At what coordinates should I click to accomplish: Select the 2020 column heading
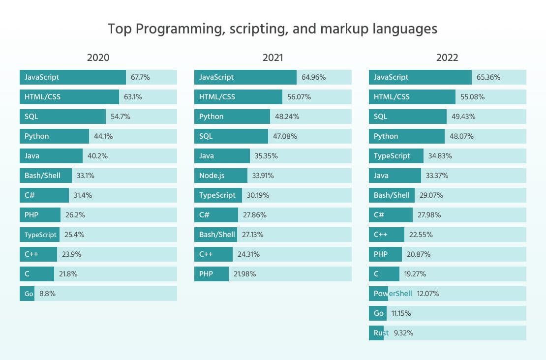tap(98, 58)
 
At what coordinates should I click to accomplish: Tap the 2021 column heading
tap(273, 58)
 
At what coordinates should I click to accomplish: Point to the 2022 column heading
tap(447, 58)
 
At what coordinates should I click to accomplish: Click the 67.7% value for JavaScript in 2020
tap(140, 77)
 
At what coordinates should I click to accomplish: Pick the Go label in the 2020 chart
tap(29, 294)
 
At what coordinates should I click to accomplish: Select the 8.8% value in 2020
tap(48, 294)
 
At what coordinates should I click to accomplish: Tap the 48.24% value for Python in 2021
tap(287, 117)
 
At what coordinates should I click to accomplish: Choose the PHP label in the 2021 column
tap(206, 274)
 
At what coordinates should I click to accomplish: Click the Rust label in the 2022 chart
tap(381, 333)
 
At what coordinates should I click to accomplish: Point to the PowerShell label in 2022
tap(393, 294)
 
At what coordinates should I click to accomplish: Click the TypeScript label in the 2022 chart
tap(392, 156)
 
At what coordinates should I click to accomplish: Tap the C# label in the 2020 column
tap(30, 195)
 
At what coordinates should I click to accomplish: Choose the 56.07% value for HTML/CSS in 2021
tap(299, 97)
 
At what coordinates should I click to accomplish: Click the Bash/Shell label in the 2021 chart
tap(217, 235)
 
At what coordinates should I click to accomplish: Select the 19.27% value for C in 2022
tap(415, 274)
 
